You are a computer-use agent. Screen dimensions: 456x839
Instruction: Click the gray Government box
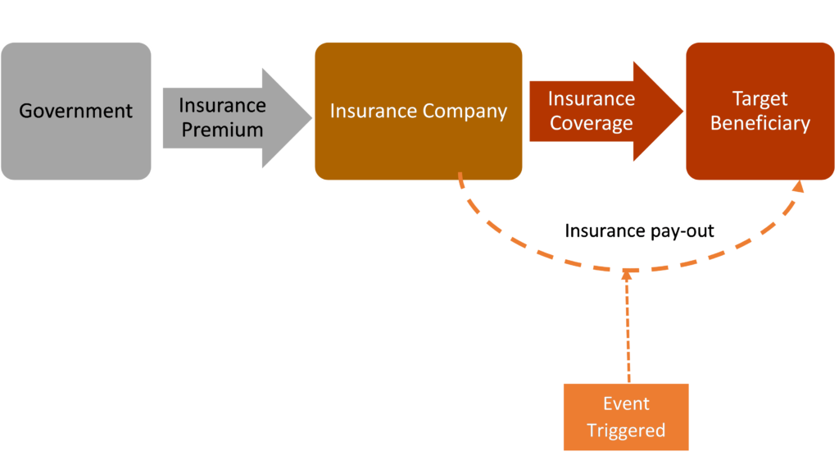point(76,111)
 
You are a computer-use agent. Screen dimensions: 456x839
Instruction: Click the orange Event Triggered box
point(626,417)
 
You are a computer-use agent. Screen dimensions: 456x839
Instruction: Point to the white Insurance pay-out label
point(639,230)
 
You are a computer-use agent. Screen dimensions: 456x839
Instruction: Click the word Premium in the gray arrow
point(222,130)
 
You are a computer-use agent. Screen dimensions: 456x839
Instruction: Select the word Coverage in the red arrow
point(591,124)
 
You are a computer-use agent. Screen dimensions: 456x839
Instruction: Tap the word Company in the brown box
point(469,111)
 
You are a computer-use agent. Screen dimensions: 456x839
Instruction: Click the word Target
point(760,99)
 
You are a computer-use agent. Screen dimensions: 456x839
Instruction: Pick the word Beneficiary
point(760,124)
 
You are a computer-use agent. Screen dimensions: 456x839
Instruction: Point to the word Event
point(626,404)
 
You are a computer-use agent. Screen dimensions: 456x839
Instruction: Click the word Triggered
point(626,431)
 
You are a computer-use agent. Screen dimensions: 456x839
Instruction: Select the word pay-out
point(683,230)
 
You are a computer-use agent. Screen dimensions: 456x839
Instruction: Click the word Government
point(76,111)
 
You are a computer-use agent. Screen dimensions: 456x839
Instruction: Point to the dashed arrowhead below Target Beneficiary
point(797,188)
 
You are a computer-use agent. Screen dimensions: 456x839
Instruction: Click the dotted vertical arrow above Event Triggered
point(628,328)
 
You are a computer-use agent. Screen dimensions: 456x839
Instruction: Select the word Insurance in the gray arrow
point(222,106)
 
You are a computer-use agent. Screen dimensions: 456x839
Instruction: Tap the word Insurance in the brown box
point(367,111)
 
